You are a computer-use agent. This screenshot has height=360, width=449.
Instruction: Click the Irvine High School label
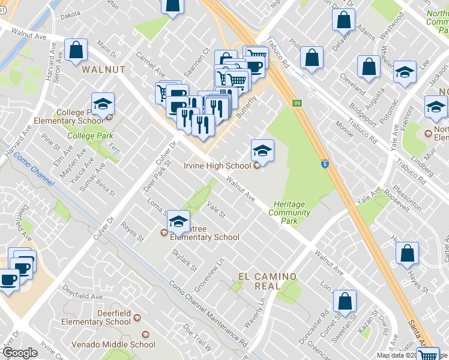pyautogui.click(x=217, y=166)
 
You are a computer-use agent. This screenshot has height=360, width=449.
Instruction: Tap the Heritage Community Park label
pyautogui.click(x=289, y=212)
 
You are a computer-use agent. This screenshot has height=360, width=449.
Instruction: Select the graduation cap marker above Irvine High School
pyautogui.click(x=262, y=151)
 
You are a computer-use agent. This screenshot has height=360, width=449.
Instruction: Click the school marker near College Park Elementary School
pyautogui.click(x=103, y=105)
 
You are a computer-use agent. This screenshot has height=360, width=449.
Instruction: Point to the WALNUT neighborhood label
pyautogui.click(x=104, y=70)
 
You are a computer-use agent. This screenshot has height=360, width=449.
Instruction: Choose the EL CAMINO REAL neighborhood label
pyautogui.click(x=267, y=281)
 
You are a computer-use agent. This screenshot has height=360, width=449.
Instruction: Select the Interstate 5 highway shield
pyautogui.click(x=325, y=163)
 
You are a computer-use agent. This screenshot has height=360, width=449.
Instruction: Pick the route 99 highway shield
pyautogui.click(x=297, y=103)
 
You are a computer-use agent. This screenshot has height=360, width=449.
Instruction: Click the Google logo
pyautogui.click(x=20, y=353)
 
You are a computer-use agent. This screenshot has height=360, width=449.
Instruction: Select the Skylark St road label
pyautogui.click(x=184, y=259)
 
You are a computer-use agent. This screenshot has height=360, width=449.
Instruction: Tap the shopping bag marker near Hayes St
pyautogui.click(x=408, y=255)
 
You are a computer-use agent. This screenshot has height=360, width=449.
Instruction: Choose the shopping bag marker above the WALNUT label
pyautogui.click(x=76, y=51)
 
